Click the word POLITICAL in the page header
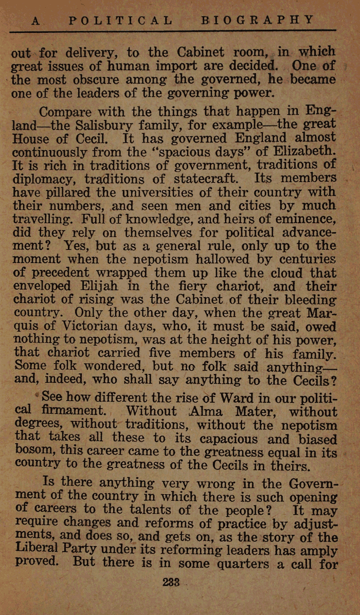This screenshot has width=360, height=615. (x=120, y=20)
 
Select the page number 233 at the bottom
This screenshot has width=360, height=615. (x=170, y=583)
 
